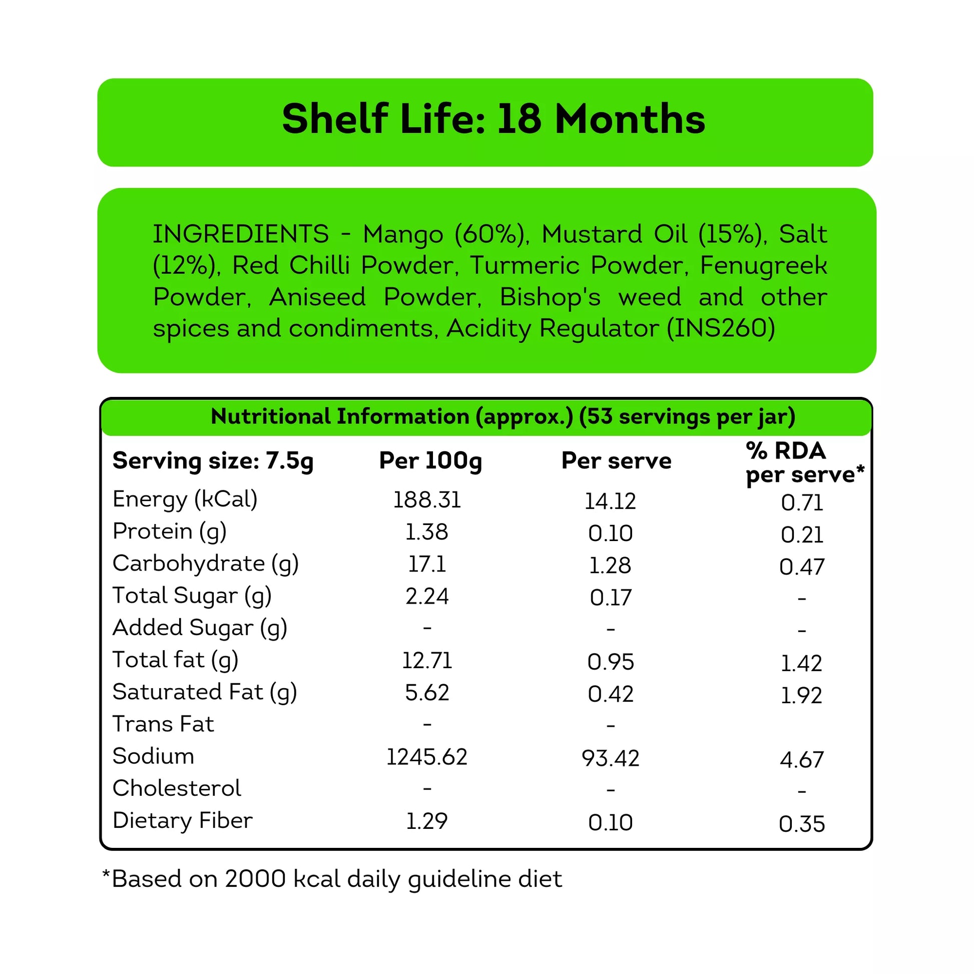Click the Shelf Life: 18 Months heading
click(x=493, y=120)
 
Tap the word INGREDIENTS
click(x=240, y=234)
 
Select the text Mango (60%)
click(x=444, y=234)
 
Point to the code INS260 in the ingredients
click(x=721, y=329)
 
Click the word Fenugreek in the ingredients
click(x=763, y=266)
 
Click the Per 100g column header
click(x=430, y=461)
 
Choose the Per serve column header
click(x=616, y=461)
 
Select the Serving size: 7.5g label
click(x=213, y=461)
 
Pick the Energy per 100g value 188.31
click(x=427, y=500)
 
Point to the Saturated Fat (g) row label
click(x=205, y=692)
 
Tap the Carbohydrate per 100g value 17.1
click(x=427, y=564)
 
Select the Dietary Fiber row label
click(x=183, y=821)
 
